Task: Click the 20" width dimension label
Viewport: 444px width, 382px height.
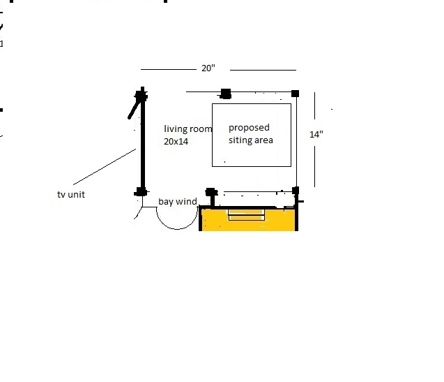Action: (x=208, y=68)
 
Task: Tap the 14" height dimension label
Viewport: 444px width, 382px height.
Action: (x=316, y=134)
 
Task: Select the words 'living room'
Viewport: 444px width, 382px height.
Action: (x=187, y=129)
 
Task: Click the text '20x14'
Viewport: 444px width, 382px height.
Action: (x=176, y=141)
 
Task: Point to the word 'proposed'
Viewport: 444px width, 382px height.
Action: (x=249, y=128)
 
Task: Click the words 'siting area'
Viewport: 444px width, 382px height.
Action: (x=251, y=140)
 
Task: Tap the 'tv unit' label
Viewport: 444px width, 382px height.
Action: (x=71, y=194)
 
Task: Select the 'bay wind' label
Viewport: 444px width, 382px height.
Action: (x=178, y=202)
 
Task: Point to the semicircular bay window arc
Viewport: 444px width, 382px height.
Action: (x=177, y=229)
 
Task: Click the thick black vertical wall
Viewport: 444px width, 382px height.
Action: (x=143, y=142)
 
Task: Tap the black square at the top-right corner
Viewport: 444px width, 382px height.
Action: (x=295, y=94)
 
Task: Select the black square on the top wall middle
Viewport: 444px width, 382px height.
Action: (x=226, y=94)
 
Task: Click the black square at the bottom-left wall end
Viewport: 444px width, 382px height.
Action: (x=141, y=192)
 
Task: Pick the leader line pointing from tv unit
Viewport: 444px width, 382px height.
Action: (x=105, y=167)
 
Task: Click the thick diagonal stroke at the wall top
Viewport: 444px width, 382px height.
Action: (x=135, y=108)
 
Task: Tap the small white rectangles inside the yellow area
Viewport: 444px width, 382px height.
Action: (x=246, y=215)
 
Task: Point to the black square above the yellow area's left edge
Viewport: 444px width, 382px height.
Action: (x=211, y=192)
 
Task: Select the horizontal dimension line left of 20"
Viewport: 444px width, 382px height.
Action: (x=169, y=69)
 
